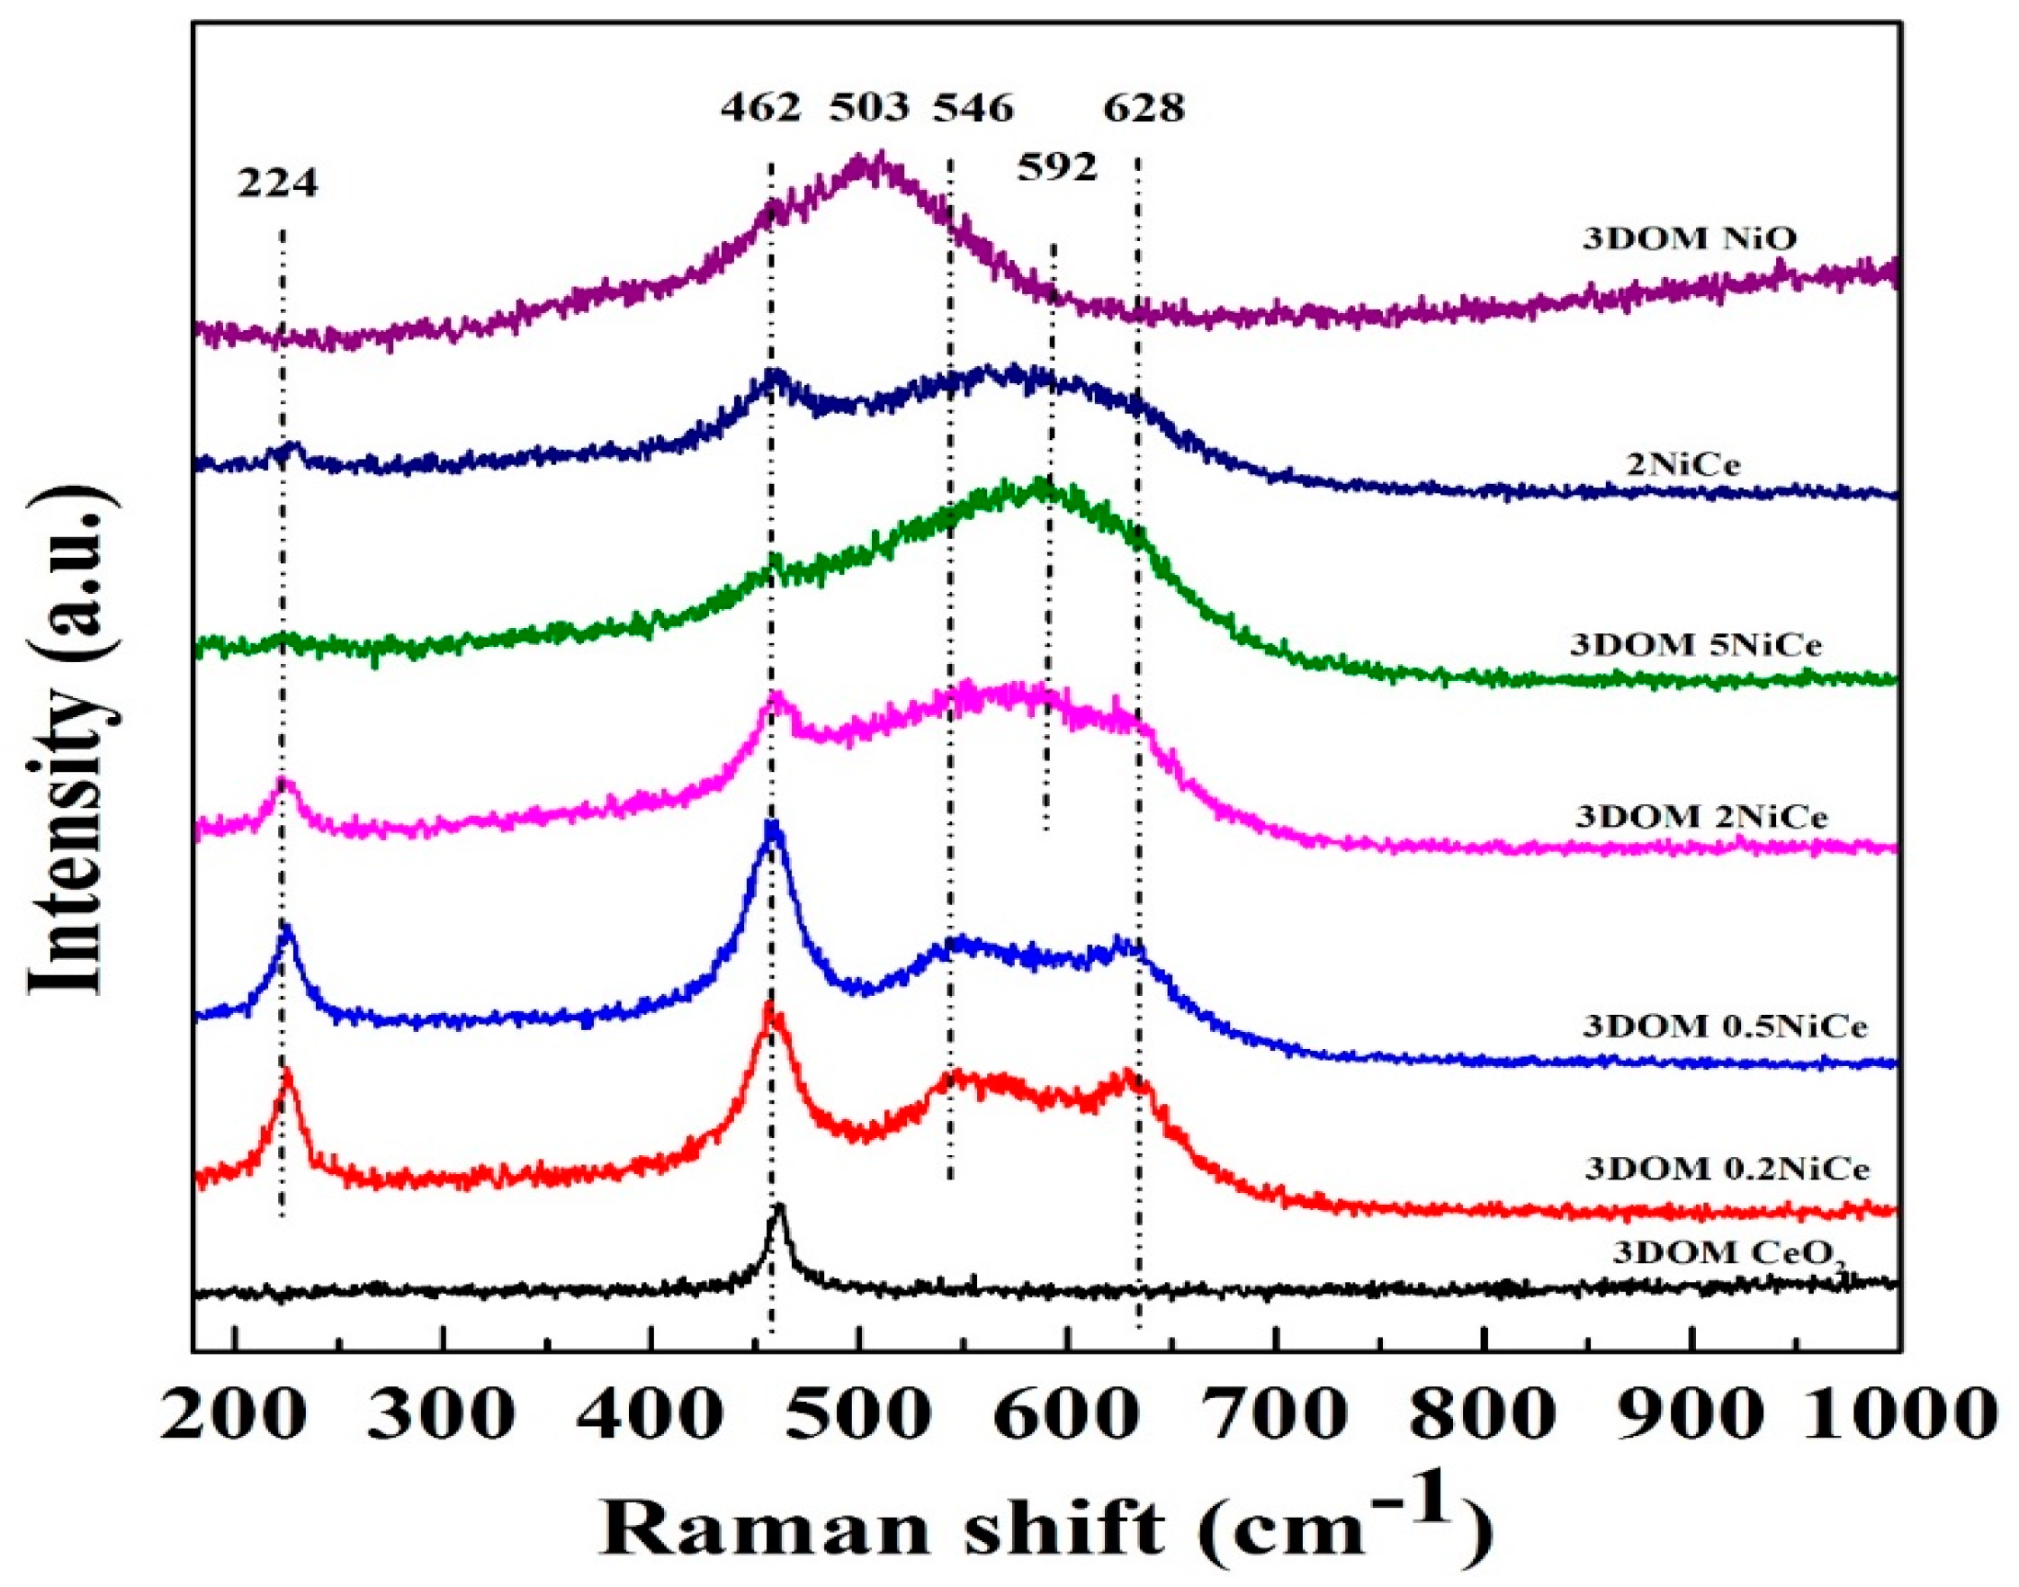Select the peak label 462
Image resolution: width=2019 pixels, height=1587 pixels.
[x=761, y=109]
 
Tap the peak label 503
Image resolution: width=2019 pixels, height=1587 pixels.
[x=869, y=109]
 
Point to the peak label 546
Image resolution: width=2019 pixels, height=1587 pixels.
[x=973, y=109]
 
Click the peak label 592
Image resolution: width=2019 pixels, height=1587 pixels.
[x=1057, y=168]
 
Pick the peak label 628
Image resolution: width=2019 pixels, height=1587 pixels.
[x=1144, y=109]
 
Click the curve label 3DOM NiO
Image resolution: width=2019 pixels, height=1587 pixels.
[x=1690, y=238]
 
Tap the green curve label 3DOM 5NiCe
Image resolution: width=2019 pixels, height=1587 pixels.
[x=1696, y=644]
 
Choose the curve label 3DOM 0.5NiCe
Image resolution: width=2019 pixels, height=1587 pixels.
[x=1726, y=1027]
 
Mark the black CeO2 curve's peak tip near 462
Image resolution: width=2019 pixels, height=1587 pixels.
[x=779, y=1207]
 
